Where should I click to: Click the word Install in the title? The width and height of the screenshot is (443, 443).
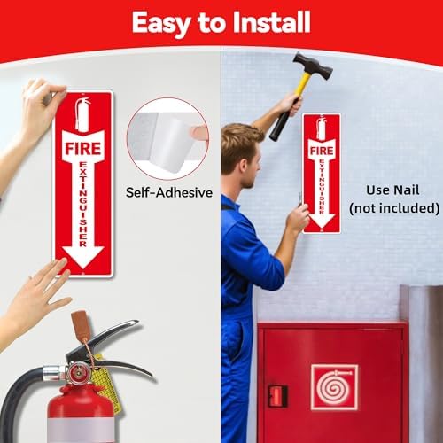click(271, 22)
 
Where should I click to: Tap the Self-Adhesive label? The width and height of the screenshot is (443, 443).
click(169, 192)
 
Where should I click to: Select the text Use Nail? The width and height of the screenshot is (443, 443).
click(392, 190)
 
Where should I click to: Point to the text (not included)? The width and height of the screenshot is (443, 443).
click(394, 208)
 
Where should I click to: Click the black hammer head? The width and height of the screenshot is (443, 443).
click(313, 66)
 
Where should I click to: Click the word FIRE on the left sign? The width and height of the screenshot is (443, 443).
click(83, 148)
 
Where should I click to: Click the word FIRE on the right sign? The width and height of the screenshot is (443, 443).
click(322, 151)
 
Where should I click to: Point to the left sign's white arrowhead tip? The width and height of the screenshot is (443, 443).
click(83, 268)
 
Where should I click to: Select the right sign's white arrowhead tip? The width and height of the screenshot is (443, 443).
click(322, 228)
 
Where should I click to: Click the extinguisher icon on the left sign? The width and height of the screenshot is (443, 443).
click(82, 114)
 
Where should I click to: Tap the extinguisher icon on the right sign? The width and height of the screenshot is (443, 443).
click(322, 128)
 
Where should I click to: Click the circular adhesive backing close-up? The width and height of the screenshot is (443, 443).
click(167, 138)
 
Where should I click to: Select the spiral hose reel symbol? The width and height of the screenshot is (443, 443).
click(334, 387)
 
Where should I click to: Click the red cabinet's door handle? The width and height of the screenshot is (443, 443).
click(277, 396)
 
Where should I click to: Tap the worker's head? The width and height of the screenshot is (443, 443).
click(241, 157)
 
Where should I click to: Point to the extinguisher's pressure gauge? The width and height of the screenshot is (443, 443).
click(77, 374)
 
